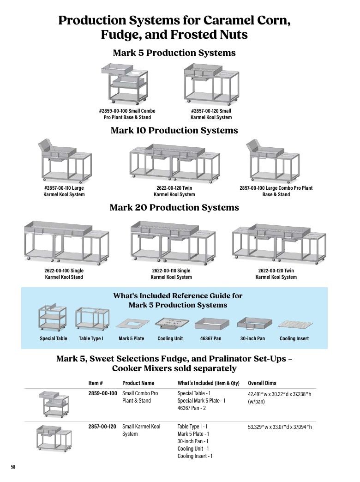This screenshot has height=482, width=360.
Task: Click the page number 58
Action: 13,467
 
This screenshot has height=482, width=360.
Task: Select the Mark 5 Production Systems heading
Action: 174,53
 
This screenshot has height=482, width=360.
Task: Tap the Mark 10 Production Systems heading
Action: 174,130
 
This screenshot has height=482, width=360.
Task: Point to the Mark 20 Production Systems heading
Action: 174,207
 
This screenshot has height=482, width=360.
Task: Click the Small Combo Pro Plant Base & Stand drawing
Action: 125,84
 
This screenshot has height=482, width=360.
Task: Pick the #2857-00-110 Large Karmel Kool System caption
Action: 64,191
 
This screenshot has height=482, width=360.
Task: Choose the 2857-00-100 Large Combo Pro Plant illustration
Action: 272,161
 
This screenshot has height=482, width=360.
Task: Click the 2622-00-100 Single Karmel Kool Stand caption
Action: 64,274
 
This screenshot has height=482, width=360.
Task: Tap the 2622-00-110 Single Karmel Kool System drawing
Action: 173,242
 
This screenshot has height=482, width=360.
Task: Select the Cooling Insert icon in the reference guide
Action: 295,325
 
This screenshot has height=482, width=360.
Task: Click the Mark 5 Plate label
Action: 131,338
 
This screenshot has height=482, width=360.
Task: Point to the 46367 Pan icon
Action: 212,325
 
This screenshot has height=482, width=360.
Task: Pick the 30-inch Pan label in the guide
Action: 252,338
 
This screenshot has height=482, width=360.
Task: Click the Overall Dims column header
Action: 262,383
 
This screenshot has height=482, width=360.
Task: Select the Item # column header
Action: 95,383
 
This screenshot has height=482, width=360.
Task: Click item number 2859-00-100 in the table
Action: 102,393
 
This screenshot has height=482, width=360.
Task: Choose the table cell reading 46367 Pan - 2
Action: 192,408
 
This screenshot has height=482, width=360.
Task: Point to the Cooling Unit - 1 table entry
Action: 193,448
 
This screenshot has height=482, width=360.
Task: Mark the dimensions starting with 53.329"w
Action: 280,427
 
